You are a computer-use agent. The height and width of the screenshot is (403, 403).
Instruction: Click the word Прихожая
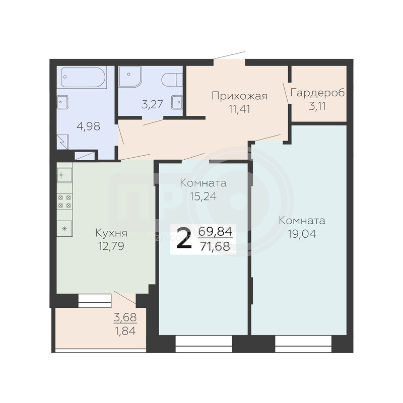pos(240,96)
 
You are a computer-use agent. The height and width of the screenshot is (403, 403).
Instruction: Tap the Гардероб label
pos(317,93)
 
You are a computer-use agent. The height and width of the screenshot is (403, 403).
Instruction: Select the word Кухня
pos(111,233)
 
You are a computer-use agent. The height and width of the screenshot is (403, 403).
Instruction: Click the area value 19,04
pos(302,234)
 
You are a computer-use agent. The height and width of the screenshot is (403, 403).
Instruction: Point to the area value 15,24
pos(203,196)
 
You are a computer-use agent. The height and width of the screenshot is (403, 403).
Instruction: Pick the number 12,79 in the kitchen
pos(111,246)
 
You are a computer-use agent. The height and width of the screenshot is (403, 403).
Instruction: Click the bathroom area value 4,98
pos(89,126)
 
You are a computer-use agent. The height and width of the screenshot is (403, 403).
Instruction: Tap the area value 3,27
pos(153,105)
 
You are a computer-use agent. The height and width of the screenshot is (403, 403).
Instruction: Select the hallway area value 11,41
pos(239,109)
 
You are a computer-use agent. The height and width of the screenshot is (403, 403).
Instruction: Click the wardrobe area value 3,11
pos(317,106)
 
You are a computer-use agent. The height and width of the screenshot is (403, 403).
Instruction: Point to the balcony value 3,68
pos(125,318)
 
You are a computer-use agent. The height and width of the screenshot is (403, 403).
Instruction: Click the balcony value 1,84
pos(125,331)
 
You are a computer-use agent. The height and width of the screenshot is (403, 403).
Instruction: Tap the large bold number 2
pos(184,239)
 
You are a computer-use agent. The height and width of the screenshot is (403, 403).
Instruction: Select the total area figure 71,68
pos(215,246)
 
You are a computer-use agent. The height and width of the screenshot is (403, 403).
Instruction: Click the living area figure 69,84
pos(216,232)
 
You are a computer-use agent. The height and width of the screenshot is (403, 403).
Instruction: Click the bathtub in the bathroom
pos(84,78)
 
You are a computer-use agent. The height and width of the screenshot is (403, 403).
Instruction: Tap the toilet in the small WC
pos(172,80)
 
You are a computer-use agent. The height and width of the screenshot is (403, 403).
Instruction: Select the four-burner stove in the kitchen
pos(64,201)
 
